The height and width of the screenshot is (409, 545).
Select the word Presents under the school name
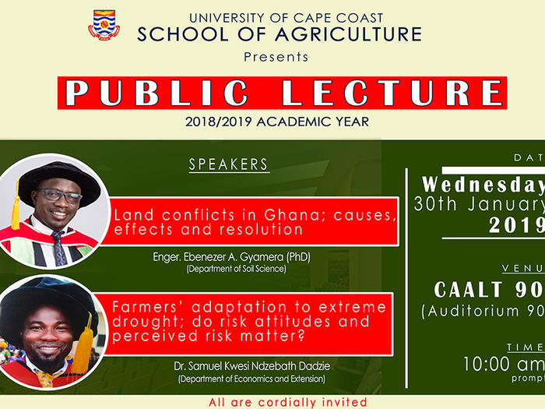pos(276,57)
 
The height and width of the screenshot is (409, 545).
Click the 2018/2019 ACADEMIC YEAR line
pos(277,122)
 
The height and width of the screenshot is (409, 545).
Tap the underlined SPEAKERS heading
pos(228,164)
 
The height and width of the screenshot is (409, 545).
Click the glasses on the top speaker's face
pos(58,196)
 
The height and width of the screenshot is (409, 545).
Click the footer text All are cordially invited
pos(287,402)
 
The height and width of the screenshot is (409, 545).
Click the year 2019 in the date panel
pos(516,224)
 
